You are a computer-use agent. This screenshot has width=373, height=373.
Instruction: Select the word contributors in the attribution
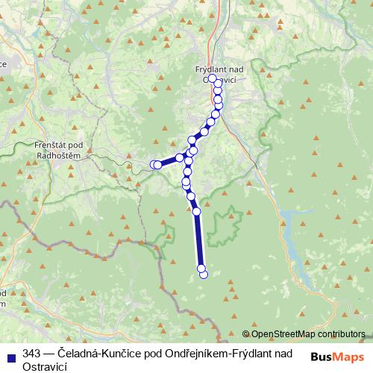[340, 334]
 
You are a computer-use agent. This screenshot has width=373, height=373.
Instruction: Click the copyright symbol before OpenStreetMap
[246, 334]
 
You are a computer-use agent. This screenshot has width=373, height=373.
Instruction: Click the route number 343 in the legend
[31, 353]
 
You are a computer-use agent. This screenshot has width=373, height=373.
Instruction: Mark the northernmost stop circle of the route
[213, 78]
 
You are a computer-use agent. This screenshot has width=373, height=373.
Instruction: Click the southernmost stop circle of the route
[204, 275]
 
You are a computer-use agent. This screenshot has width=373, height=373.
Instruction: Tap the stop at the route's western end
[154, 164]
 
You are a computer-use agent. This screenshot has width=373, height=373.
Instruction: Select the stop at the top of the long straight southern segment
[197, 211]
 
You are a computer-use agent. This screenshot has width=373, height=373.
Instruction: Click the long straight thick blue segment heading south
[198, 239]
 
